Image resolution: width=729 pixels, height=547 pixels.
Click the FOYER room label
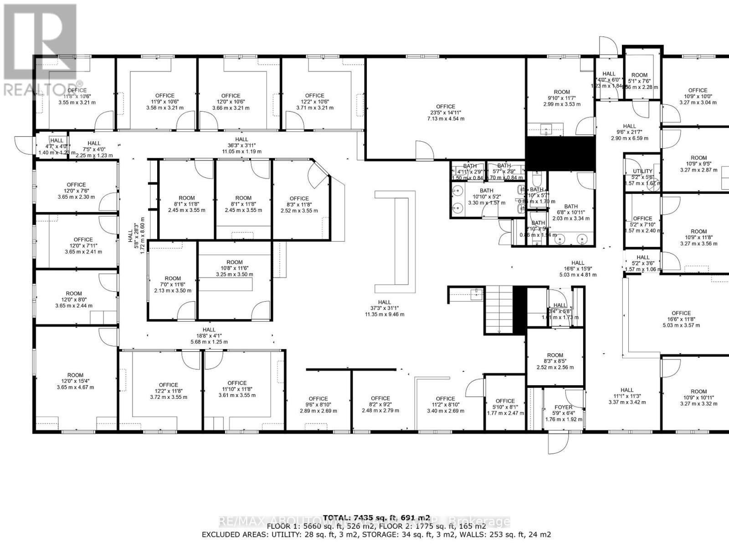(x=563, y=407)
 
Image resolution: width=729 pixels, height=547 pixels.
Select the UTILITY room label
(x=642, y=171)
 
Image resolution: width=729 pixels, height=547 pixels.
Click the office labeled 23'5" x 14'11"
(x=445, y=113)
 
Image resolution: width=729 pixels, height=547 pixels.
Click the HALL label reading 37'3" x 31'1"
(x=384, y=308)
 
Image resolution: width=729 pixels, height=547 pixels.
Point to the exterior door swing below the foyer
(x=558, y=442)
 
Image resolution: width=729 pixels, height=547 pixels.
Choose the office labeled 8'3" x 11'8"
(x=299, y=204)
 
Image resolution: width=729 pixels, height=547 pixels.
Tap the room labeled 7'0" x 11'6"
(x=173, y=284)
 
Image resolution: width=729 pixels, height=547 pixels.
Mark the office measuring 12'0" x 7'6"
(x=76, y=191)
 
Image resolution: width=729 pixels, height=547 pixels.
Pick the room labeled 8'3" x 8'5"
(x=554, y=361)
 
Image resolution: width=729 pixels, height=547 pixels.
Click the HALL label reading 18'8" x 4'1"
(x=209, y=335)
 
